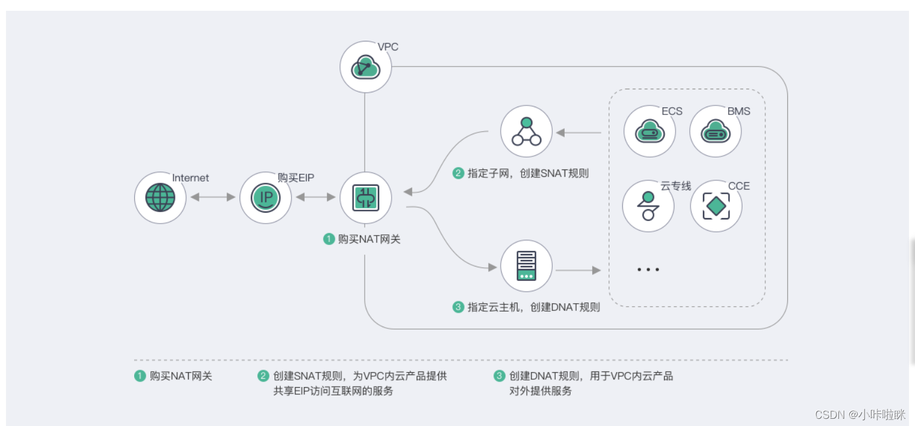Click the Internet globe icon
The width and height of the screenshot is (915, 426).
pyautogui.click(x=160, y=197)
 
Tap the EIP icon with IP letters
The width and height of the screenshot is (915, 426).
pyautogui.click(x=265, y=197)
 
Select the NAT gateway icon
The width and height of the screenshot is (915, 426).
pyautogui.click(x=365, y=197)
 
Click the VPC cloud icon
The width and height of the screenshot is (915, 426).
pyautogui.click(x=365, y=67)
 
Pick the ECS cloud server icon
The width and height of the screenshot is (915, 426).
pyautogui.click(x=649, y=131)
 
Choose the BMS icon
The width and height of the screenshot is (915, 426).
pyautogui.click(x=715, y=131)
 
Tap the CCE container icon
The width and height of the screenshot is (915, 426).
pyautogui.click(x=716, y=206)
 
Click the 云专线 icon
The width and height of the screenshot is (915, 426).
pyautogui.click(x=648, y=206)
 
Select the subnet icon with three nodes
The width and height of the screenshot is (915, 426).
pyautogui.click(x=526, y=132)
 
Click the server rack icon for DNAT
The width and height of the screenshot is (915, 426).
pyautogui.click(x=526, y=266)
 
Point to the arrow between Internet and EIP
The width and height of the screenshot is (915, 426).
pyautogui.click(x=213, y=197)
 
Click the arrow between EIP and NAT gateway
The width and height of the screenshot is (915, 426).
pyautogui.click(x=315, y=197)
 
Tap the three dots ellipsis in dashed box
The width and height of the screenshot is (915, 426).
pyautogui.click(x=648, y=270)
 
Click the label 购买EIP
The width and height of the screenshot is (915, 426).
pyautogui.click(x=296, y=177)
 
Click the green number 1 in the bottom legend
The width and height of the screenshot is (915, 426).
pyautogui.click(x=140, y=376)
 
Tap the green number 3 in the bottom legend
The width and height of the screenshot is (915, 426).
pyautogui.click(x=499, y=376)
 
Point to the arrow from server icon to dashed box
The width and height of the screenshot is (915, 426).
pyautogui.click(x=578, y=271)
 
